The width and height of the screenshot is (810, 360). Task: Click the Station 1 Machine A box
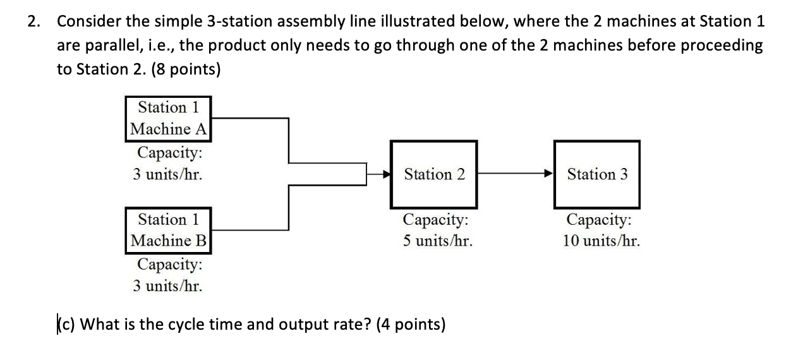click(x=168, y=118)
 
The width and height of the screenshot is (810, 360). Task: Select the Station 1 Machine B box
click(x=168, y=230)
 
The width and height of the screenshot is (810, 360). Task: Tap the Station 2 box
click(x=434, y=174)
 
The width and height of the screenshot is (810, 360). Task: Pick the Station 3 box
click(x=597, y=174)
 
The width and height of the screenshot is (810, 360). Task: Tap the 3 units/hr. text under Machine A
click(x=167, y=174)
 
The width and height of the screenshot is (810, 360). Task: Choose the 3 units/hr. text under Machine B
click(x=167, y=285)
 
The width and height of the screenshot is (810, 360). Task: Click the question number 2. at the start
click(x=33, y=21)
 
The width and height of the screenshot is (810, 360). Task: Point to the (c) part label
click(x=64, y=325)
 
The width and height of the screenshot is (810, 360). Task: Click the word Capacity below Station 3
click(x=598, y=220)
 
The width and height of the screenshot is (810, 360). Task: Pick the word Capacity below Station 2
click(x=435, y=220)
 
